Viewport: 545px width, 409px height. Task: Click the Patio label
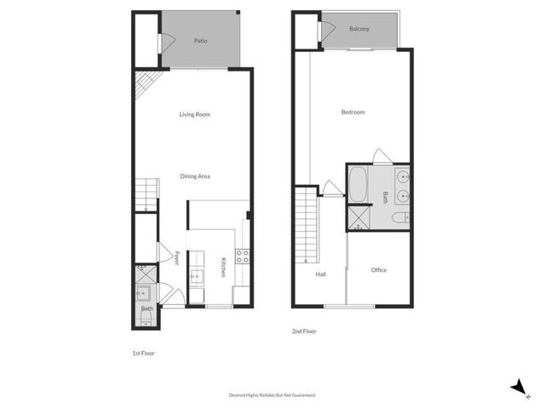tap(201, 40)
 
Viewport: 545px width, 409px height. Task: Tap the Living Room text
tap(194, 114)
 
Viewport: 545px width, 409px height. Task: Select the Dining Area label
tap(194, 176)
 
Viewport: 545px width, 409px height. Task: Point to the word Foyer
tap(176, 258)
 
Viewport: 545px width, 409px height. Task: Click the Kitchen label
tap(223, 267)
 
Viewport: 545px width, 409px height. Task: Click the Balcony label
tap(359, 29)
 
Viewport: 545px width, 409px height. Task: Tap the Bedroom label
tap(353, 112)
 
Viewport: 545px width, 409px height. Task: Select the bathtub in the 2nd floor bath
tap(359, 182)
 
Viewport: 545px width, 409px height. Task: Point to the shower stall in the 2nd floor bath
tap(358, 218)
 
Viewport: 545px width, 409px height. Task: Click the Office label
tap(379, 270)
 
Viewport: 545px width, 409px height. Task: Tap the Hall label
tap(321, 274)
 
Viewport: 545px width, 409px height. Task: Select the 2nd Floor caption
tap(304, 331)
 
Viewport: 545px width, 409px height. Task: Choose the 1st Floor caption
tap(142, 353)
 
